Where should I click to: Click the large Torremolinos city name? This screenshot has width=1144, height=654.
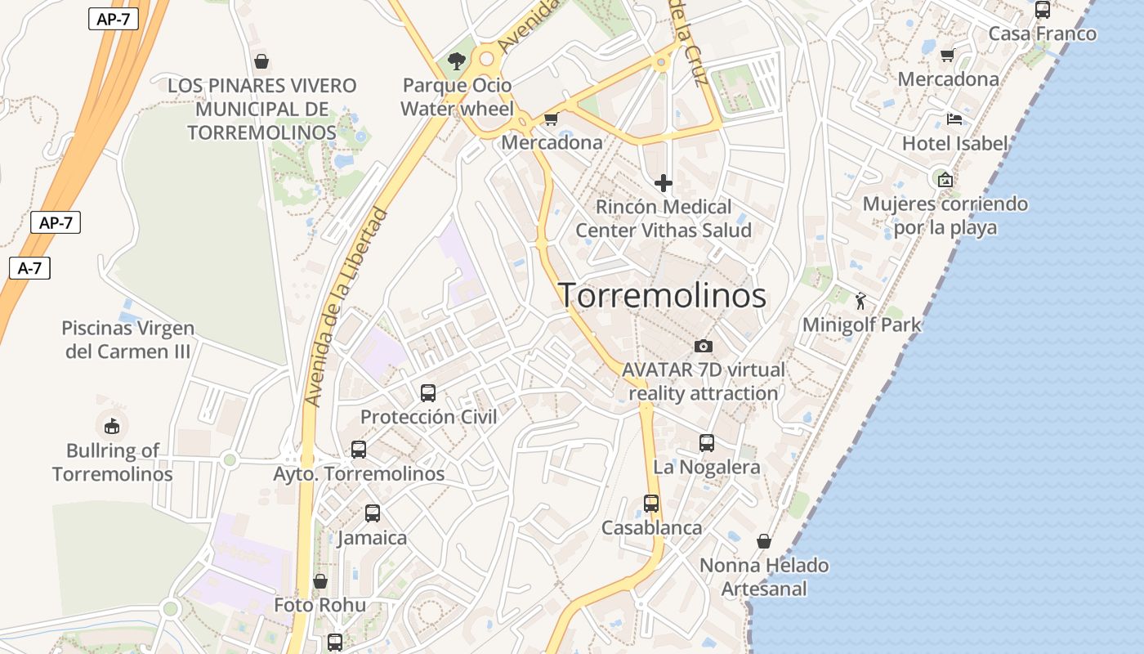point(662,296)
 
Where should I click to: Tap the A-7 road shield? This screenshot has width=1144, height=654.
point(30,267)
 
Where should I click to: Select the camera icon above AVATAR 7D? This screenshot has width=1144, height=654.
point(703,347)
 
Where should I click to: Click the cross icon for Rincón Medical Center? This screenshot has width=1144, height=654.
point(663,183)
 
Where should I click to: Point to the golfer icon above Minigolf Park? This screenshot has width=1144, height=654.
point(860,302)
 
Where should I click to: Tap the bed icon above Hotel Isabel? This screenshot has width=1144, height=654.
point(954,119)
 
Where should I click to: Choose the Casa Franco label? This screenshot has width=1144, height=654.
point(1042,34)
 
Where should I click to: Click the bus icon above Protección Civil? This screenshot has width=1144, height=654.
point(428,393)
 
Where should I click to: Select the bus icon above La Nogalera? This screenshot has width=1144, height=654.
point(707,443)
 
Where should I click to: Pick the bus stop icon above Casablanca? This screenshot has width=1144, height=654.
point(651,504)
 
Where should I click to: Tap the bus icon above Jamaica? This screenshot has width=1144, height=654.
point(373,513)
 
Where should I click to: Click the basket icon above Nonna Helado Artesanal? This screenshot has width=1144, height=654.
point(764,541)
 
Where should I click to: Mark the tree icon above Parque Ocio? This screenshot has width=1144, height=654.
point(457,60)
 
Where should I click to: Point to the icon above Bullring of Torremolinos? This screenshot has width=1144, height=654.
point(112,426)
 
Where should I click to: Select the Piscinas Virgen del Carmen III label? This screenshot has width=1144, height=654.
point(128,340)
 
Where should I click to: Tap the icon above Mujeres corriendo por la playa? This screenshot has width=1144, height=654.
point(945,180)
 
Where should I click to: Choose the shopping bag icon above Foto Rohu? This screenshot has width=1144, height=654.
point(320,581)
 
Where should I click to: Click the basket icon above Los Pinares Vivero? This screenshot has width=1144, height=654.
point(261,61)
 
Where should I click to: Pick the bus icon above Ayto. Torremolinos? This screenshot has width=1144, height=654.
point(359,450)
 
